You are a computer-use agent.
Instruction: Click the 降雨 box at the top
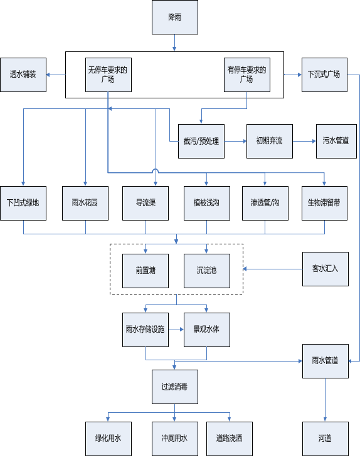pos(175,18)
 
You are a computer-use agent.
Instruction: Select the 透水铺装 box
pos(23,75)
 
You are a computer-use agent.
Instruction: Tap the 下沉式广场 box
pos(325,75)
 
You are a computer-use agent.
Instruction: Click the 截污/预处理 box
pos(201,142)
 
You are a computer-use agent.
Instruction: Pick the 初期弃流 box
pos(270,142)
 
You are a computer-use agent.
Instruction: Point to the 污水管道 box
pos(336,142)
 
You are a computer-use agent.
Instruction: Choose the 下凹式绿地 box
pos(23,203)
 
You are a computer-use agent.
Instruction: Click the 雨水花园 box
pos(85,203)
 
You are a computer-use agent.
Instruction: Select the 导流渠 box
pos(146,203)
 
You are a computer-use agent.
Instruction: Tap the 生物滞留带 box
pos(325,203)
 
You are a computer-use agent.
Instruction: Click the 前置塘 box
pos(146,271)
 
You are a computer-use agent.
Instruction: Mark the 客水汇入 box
pos(326,269)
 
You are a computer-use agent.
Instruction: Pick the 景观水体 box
pos(207,330)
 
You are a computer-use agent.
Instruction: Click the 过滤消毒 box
pos(175,387)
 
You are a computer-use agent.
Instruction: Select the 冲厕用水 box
pos(175,439)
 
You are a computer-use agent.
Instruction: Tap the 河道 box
pos(326,439)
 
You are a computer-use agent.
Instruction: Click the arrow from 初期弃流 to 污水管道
pos(304,142)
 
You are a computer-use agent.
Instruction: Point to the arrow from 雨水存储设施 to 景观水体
pos(176,330)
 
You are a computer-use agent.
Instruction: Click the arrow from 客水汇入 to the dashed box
pos(273,269)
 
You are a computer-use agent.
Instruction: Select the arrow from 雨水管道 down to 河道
pos(326,400)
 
